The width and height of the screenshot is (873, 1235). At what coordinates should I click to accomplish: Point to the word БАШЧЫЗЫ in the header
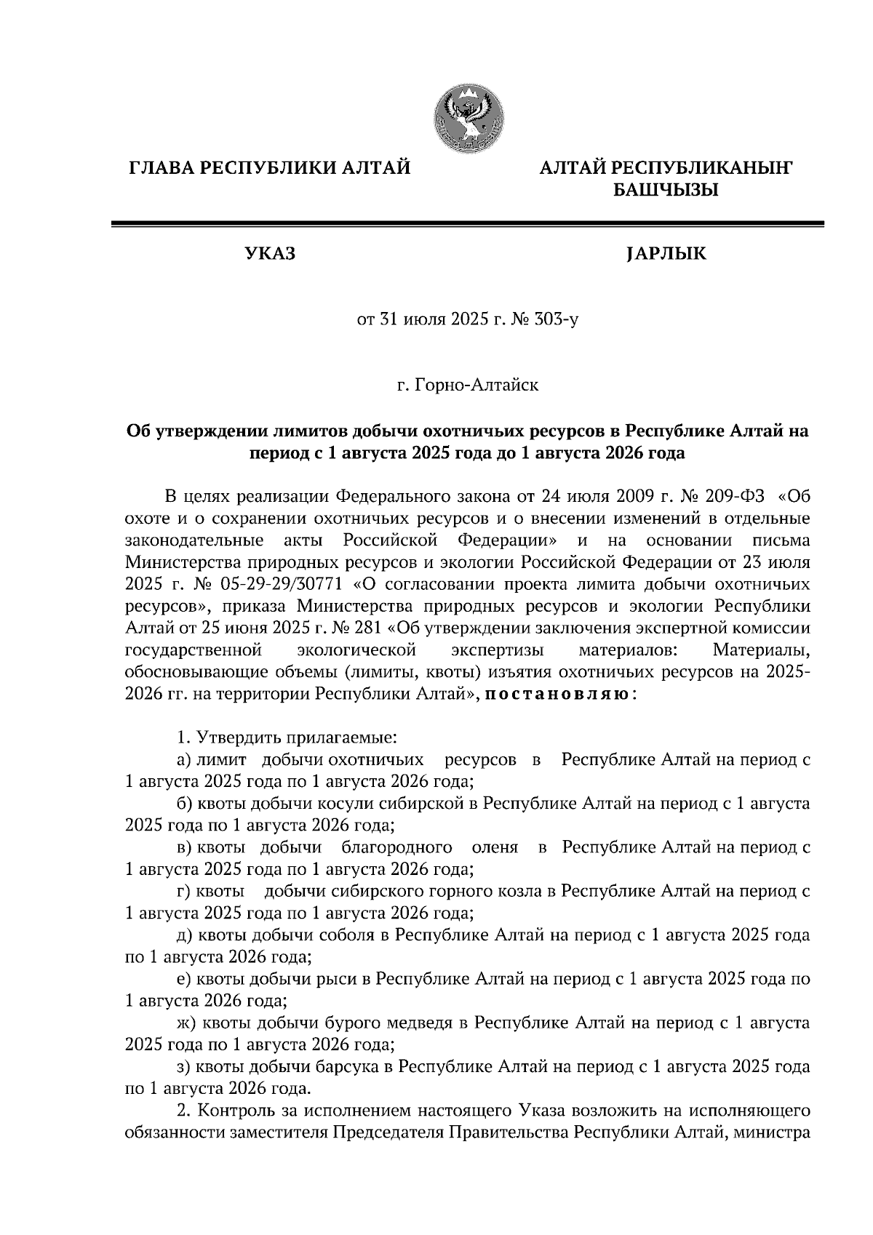tap(666, 191)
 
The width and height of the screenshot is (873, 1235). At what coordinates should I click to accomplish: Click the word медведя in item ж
tap(428, 1023)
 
